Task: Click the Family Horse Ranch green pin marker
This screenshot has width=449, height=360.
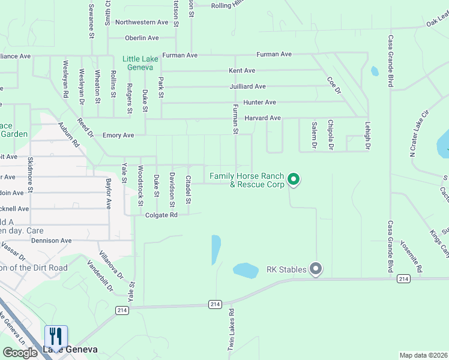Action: [294, 178]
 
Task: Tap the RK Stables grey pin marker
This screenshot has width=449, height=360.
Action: [316, 269]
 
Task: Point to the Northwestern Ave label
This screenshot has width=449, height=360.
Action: [142, 22]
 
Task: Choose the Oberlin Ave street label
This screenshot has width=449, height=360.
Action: [142, 38]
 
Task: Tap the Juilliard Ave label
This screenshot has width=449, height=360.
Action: [247, 86]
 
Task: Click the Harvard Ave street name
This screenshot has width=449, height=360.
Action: [262, 118]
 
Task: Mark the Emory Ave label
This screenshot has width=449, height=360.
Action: [118, 135]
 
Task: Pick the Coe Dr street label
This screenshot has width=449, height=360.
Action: [334, 85]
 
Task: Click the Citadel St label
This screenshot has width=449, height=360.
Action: [188, 189]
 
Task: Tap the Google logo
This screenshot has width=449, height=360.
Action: [20, 352]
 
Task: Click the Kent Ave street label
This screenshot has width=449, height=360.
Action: [242, 71]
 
